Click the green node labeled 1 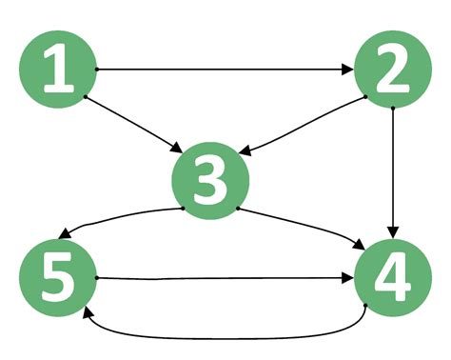[58, 70]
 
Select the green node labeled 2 [393, 70]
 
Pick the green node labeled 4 [393, 279]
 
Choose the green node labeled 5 [58, 279]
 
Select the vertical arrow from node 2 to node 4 [393, 171]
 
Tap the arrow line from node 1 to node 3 [133, 123]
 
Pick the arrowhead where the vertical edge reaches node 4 [393, 233]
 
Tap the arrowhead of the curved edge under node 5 [86, 312]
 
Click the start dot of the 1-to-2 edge [97, 70]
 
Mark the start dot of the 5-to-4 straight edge [97, 278]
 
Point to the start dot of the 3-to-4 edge [238, 209]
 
